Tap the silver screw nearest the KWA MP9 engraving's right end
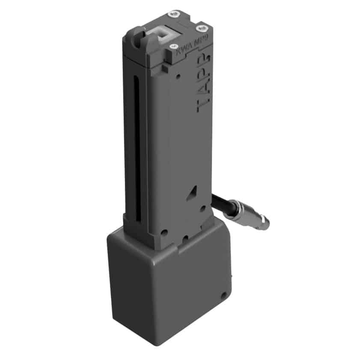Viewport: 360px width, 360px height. point(202,28)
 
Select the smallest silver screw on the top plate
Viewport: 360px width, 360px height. point(174,46)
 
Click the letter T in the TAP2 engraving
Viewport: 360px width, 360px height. point(203,105)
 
